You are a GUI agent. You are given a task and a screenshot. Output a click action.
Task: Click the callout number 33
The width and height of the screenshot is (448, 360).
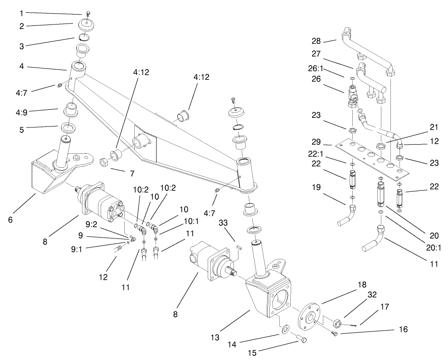(223, 223)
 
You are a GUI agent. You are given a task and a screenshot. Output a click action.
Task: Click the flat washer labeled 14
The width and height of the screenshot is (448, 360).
(284, 327)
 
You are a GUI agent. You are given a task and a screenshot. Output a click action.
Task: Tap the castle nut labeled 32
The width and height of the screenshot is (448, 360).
(337, 323)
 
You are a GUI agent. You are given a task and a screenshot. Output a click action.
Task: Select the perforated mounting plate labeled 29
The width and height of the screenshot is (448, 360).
(372, 156)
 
